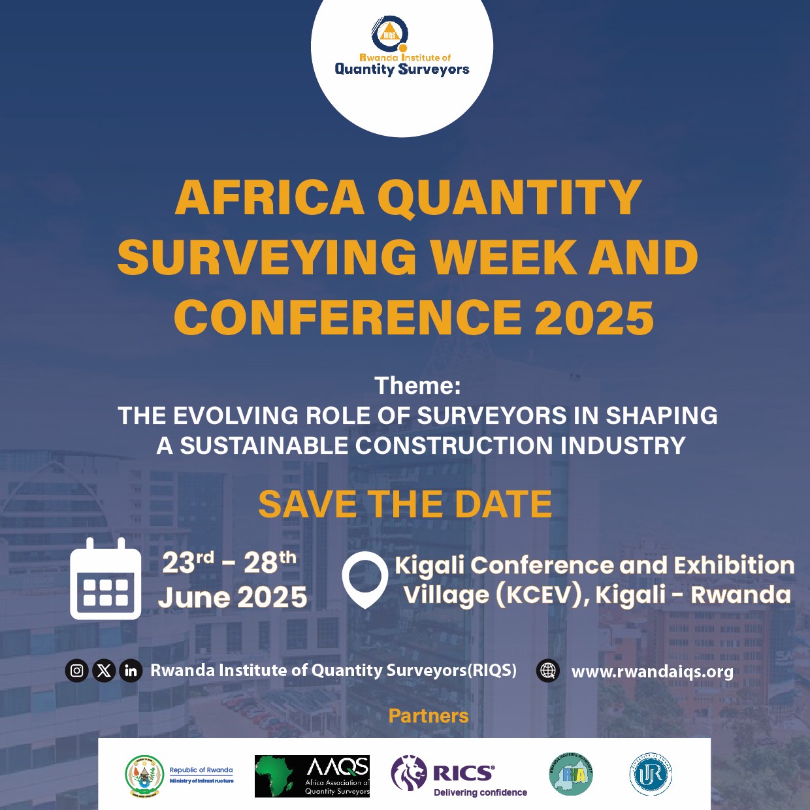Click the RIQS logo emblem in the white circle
pos(390,33)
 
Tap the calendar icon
pos(105,579)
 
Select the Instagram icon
pos(77,671)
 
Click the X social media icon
pos(104,671)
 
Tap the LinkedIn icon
pos(131,671)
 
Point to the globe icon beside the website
pos(548,671)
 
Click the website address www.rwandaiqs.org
pos(652,672)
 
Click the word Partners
pos(429,716)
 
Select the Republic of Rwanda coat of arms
pos(144,776)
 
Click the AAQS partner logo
pos(312,776)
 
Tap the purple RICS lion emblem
pos(408,773)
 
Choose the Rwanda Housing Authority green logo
pos(571,774)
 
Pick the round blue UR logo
pos(651,775)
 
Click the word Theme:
pos(417,385)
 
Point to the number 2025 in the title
pos(594,318)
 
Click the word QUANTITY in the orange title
pos(510,197)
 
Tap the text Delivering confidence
pos(480,792)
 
